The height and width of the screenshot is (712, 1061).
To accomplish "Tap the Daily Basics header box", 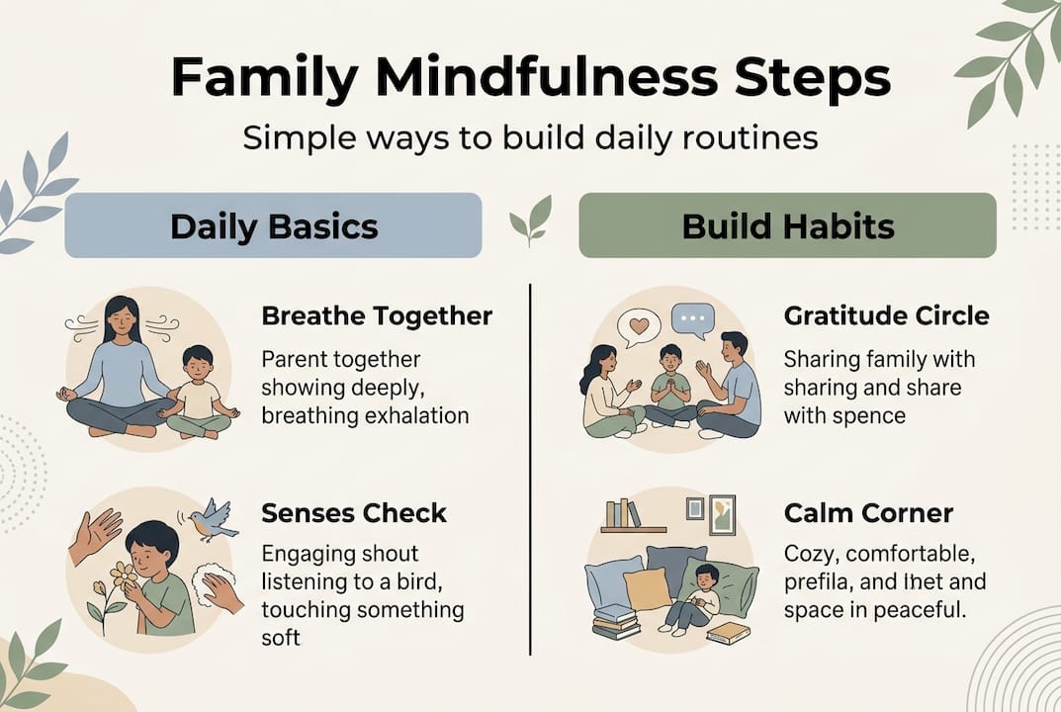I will (x=273, y=225).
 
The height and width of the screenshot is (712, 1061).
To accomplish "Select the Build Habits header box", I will (x=787, y=225).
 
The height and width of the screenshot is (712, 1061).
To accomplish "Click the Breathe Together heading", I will (x=377, y=316).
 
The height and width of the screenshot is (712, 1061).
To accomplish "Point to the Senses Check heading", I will (x=354, y=513).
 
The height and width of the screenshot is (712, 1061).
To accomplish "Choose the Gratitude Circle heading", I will (x=886, y=316).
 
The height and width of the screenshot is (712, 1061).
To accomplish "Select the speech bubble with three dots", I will (x=692, y=320).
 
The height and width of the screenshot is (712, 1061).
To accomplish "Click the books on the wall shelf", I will (x=623, y=513).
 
